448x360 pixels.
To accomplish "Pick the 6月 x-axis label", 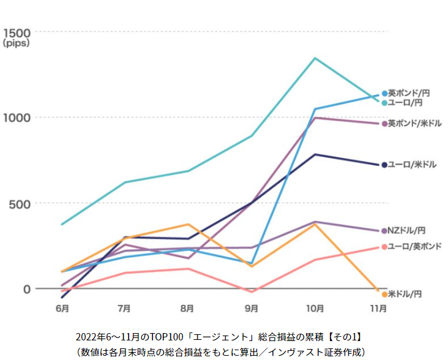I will point(61,308).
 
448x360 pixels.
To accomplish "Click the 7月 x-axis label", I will point(124,308).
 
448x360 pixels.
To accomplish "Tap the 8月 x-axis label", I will point(188,308).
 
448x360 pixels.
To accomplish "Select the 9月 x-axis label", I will point(252,308).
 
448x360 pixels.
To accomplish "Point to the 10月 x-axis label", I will point(315,308).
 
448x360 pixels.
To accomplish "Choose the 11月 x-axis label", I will point(378,308).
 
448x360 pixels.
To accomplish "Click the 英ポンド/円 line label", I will point(409,94).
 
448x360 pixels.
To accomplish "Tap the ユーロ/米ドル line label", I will point(413,165).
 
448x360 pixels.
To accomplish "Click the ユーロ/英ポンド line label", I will point(414,247).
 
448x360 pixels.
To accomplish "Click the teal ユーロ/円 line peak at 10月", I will point(315,58).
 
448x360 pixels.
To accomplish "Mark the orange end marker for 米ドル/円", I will point(384,294).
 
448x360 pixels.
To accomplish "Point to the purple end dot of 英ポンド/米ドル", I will point(384,124).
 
